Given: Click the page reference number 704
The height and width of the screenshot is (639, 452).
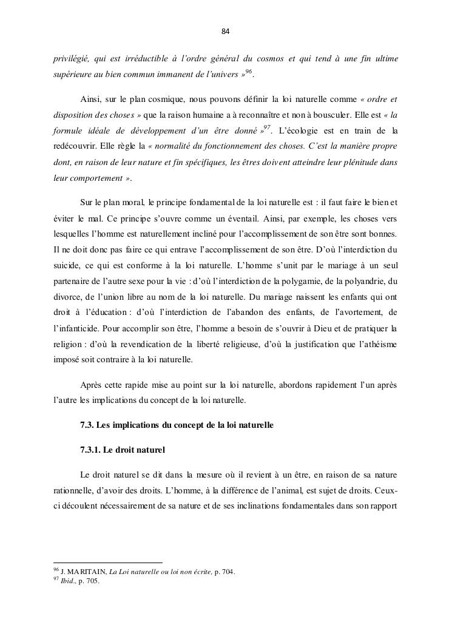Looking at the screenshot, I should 228,572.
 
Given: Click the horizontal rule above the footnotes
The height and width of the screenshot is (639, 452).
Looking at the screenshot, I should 108,562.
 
